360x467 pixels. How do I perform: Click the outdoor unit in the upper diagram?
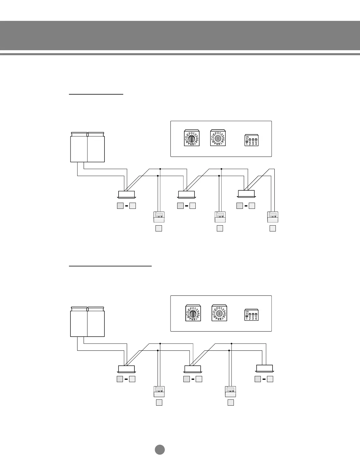tap(87, 147)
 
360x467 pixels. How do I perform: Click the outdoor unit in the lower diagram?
tap(87, 322)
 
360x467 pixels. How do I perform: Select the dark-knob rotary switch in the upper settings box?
tap(192, 138)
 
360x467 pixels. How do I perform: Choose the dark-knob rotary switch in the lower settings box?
tap(193, 313)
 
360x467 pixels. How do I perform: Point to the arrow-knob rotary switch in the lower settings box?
tap(219, 313)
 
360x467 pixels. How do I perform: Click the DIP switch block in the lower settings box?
tap(251, 315)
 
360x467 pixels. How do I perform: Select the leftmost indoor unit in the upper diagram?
tap(126, 194)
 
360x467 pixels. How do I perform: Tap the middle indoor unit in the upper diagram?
tap(187, 194)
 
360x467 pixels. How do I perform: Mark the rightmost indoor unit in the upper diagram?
tap(246, 194)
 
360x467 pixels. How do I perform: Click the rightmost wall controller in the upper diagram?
tap(273, 217)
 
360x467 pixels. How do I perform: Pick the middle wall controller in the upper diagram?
tap(220, 217)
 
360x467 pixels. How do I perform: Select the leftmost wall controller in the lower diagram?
tap(159, 392)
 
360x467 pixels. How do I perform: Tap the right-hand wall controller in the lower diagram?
tap(231, 392)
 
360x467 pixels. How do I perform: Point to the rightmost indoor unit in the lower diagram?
tap(265, 368)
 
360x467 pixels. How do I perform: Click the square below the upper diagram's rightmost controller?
tap(273, 228)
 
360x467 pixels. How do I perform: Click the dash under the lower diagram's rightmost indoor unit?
tap(264, 379)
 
